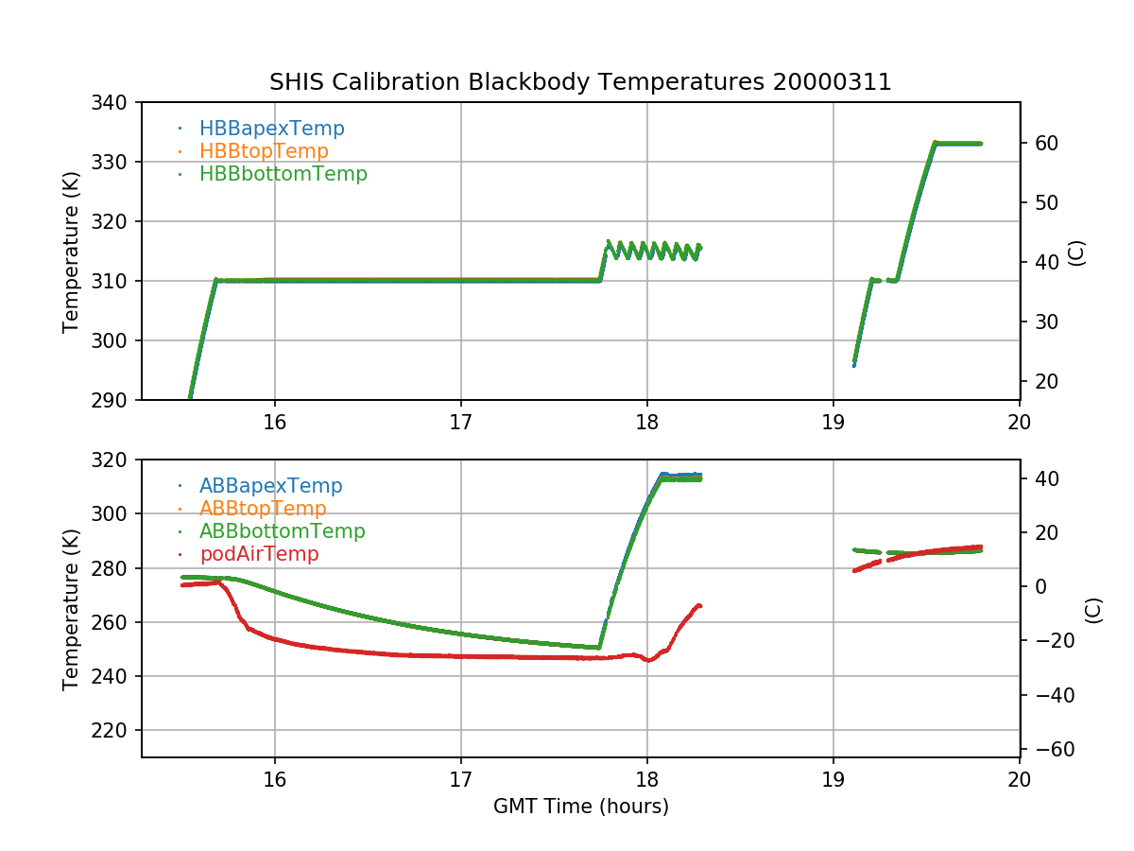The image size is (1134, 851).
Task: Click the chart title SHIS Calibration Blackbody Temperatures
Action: point(580,82)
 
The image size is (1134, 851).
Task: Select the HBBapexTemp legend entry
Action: point(271,129)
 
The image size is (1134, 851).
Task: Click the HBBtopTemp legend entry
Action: point(264,151)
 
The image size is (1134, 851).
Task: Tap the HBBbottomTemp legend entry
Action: point(283,174)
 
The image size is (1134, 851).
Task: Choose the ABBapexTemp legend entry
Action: point(270,486)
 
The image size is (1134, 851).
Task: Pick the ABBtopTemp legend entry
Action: point(263,509)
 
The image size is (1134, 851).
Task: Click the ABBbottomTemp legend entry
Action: point(282,531)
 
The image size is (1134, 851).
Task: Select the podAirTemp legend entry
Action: point(258,554)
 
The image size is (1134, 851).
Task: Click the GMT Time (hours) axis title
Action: point(580,807)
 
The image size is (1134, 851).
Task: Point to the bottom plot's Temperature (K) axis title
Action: point(71,608)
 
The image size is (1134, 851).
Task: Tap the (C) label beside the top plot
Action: point(1076,252)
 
